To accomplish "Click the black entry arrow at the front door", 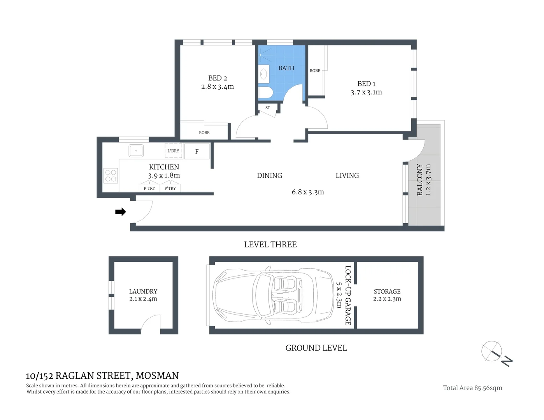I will (120, 212).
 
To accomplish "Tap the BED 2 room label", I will (218, 78).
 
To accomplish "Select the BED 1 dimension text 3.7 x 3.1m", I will (366, 92).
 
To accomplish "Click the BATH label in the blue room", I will (286, 68).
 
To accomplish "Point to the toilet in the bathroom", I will (266, 93).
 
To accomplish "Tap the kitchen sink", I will (136, 150).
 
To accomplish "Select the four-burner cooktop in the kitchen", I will (111, 176).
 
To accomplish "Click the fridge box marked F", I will (197, 151).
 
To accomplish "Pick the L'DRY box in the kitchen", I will (174, 151).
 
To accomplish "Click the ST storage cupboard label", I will (268, 108).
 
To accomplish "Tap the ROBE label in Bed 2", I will (204, 133).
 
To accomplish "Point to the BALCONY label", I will (420, 180).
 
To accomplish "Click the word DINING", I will (269, 175).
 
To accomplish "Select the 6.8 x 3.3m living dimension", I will (308, 192).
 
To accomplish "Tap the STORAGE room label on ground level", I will (387, 291).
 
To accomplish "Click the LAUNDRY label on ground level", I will (143, 291).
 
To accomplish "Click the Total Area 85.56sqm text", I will (472, 388).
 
